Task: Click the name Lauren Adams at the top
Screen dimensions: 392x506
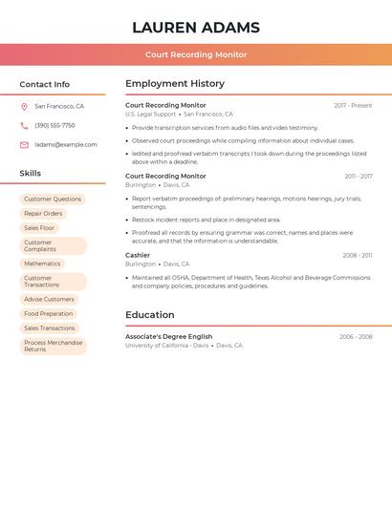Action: click(x=196, y=27)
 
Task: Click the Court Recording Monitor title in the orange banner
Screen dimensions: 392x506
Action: click(x=196, y=54)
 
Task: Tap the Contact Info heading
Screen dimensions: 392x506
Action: click(x=45, y=84)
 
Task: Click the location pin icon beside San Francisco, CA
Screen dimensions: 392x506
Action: click(x=24, y=107)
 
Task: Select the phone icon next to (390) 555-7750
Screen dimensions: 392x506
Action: click(x=24, y=126)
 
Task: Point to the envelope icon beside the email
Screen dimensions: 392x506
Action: click(x=24, y=145)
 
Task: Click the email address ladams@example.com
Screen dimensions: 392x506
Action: click(x=66, y=145)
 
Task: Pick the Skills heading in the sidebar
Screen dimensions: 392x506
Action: click(x=31, y=174)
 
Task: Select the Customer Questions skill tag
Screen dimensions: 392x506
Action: click(x=53, y=200)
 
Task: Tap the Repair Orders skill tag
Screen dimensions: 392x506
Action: click(x=43, y=214)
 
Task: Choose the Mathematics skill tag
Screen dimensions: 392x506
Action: click(x=42, y=264)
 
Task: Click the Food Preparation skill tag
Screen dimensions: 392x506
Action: click(x=48, y=314)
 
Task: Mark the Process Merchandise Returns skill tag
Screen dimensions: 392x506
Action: click(x=53, y=346)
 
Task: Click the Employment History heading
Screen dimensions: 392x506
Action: click(x=175, y=84)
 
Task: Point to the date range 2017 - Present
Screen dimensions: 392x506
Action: click(x=353, y=105)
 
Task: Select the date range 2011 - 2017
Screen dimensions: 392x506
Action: click(x=359, y=177)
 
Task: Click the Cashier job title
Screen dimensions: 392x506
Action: click(x=138, y=255)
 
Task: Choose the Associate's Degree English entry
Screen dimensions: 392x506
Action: click(x=169, y=336)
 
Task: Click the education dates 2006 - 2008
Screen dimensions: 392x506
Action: click(x=356, y=337)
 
